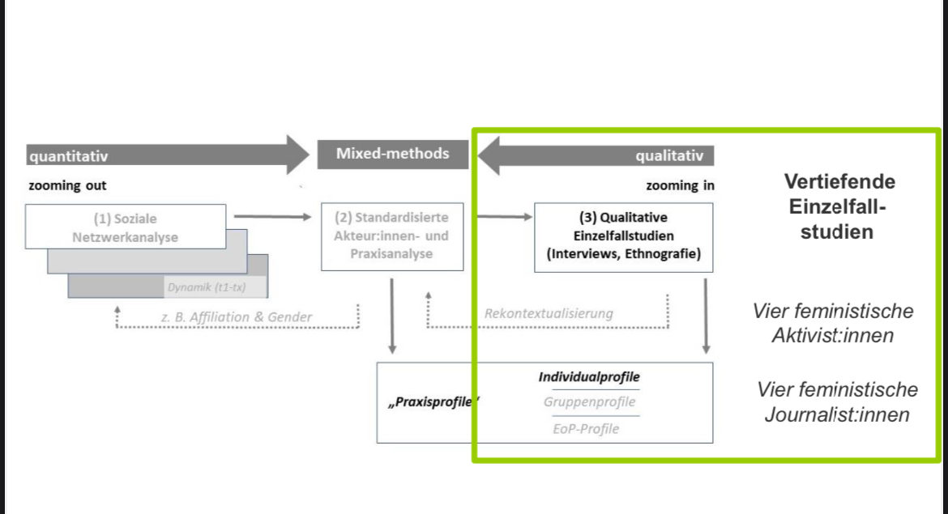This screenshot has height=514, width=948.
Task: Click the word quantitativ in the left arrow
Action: tap(68, 155)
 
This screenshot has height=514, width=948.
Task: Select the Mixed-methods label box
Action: tap(393, 153)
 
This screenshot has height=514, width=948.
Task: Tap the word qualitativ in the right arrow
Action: tap(669, 155)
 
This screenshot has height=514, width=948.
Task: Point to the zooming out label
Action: tap(67, 185)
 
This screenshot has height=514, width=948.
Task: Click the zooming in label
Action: tap(680, 185)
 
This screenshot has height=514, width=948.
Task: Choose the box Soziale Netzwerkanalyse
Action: tap(125, 227)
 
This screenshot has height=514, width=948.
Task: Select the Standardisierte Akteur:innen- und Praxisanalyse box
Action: tap(391, 236)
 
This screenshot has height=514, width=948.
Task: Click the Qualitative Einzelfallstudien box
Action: tap(623, 236)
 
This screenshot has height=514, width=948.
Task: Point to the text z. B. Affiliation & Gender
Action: tap(237, 316)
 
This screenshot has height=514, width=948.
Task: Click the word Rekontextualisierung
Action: tap(549, 313)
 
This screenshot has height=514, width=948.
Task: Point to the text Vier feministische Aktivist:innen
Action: tap(833, 323)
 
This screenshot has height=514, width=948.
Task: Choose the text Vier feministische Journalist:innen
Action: tap(837, 402)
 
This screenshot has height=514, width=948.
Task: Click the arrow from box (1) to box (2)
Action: tap(271, 217)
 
